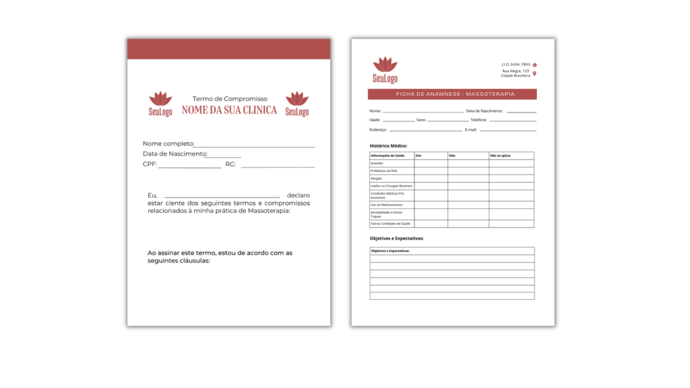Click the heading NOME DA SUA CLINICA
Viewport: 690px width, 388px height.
(229, 110)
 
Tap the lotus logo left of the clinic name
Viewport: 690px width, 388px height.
(160, 104)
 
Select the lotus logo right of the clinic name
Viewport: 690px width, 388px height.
(296, 104)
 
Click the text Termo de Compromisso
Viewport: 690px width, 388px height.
(230, 98)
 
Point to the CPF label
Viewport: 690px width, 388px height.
(149, 164)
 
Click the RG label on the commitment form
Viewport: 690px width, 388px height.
(230, 164)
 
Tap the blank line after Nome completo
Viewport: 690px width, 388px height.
(255, 144)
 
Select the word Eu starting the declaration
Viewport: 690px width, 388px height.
(152, 195)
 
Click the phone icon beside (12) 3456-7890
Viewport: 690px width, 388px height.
(534, 65)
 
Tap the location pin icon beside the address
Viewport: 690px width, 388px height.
(534, 73)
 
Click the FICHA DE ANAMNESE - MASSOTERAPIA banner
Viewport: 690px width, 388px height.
(452, 94)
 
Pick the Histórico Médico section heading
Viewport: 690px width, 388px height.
(389, 145)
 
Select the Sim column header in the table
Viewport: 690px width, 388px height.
(418, 156)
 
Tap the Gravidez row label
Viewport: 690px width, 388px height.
(377, 163)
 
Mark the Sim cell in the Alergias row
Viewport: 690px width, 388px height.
(431, 179)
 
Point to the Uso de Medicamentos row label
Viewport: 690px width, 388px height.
(387, 204)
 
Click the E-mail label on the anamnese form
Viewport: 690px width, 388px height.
(471, 129)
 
